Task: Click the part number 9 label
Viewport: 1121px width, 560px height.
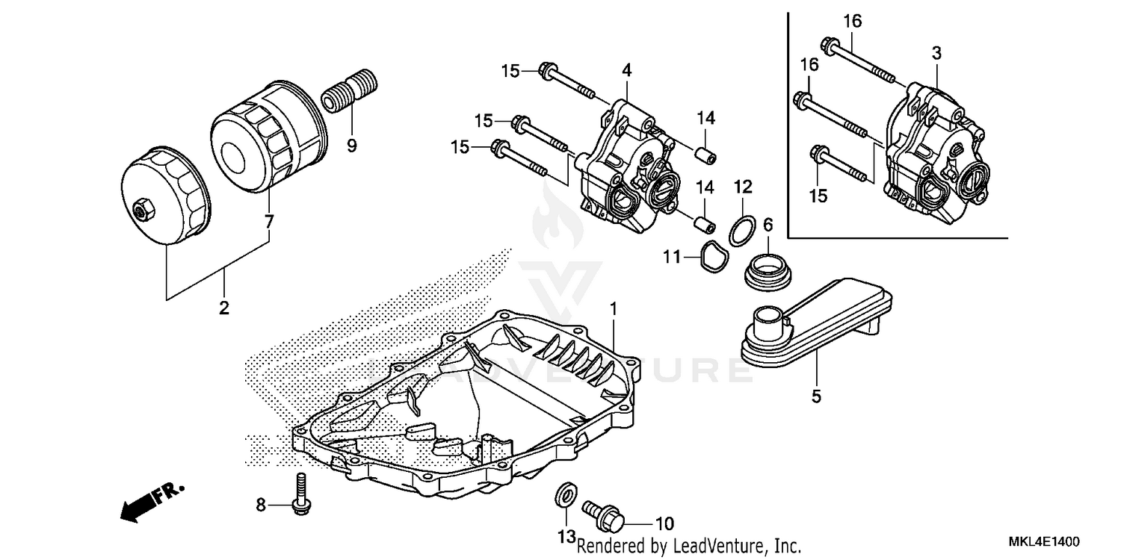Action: pos(352,146)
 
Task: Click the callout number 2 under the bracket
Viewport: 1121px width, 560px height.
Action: pos(223,308)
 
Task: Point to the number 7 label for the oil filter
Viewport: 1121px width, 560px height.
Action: pos(269,222)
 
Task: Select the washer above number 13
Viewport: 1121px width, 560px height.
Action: pos(566,494)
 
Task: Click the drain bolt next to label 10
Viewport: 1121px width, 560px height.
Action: pos(602,513)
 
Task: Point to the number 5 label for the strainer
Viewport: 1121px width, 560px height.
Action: pos(816,396)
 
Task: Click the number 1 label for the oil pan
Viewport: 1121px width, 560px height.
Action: pos(613,308)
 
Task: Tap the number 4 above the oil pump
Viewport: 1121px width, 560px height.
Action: pos(626,70)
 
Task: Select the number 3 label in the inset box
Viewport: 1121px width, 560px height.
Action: pos(936,53)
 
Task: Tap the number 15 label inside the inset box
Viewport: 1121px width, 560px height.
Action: pos(818,196)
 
